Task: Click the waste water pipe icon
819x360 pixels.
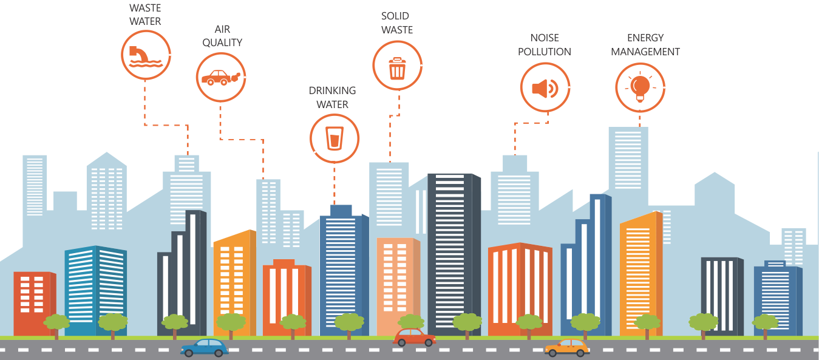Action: [145, 55]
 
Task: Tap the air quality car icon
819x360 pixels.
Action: [221, 77]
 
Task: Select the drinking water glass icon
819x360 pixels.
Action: [335, 138]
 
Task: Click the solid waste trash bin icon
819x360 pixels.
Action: [397, 66]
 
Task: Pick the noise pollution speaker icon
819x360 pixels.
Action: [545, 88]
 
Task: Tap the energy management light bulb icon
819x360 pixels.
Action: [640, 87]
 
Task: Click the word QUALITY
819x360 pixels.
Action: [222, 42]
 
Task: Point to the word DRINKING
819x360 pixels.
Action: [333, 90]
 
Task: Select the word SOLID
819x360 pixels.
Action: [395, 15]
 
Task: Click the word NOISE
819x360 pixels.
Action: [545, 38]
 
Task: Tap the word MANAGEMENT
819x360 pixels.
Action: [645, 52]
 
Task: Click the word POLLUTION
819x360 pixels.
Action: [545, 52]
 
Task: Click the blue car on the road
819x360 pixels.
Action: [205, 348]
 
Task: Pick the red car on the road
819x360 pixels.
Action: [415, 338]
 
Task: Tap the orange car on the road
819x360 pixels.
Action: [567, 348]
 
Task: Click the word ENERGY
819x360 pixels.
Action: [645, 38]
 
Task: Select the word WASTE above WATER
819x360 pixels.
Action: [145, 8]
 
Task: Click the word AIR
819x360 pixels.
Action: [222, 29]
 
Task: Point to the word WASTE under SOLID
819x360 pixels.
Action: [397, 30]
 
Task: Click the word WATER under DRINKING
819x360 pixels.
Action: [333, 104]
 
